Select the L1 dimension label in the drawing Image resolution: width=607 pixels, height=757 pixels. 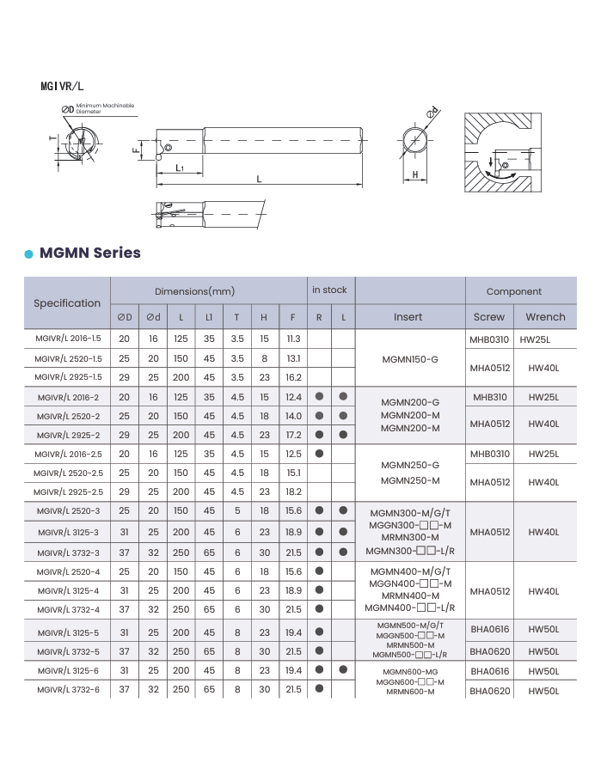180,168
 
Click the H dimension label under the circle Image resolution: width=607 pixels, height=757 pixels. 414,175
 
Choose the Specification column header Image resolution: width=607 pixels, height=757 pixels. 67,302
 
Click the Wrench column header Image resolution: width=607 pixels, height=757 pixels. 545,316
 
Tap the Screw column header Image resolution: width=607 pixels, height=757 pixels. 489,316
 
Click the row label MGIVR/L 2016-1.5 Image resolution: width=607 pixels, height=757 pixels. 68,339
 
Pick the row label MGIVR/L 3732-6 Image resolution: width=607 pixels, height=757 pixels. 68,689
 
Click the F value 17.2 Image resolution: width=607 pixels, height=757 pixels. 293,435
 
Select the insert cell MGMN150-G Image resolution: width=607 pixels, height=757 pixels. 410,358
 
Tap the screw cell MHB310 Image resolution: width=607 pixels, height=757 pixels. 489,397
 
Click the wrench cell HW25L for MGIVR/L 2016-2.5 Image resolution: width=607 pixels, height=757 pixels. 543,454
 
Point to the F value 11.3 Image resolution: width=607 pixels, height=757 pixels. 293,339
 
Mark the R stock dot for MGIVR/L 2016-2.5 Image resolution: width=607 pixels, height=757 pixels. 319,454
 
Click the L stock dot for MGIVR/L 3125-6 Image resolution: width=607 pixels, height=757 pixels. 343,669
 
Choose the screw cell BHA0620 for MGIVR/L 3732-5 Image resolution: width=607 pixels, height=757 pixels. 489,651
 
